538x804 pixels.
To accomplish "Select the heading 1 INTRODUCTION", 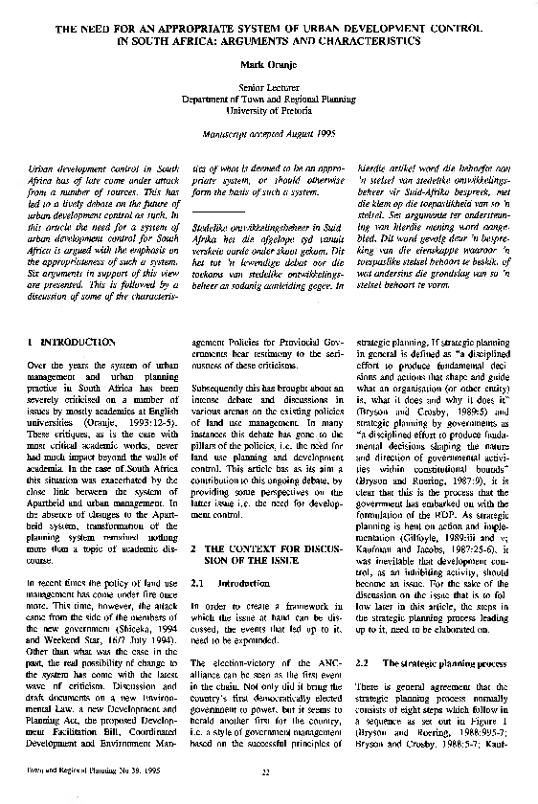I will pos(72,342).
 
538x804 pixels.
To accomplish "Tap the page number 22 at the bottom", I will pos(268,794).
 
